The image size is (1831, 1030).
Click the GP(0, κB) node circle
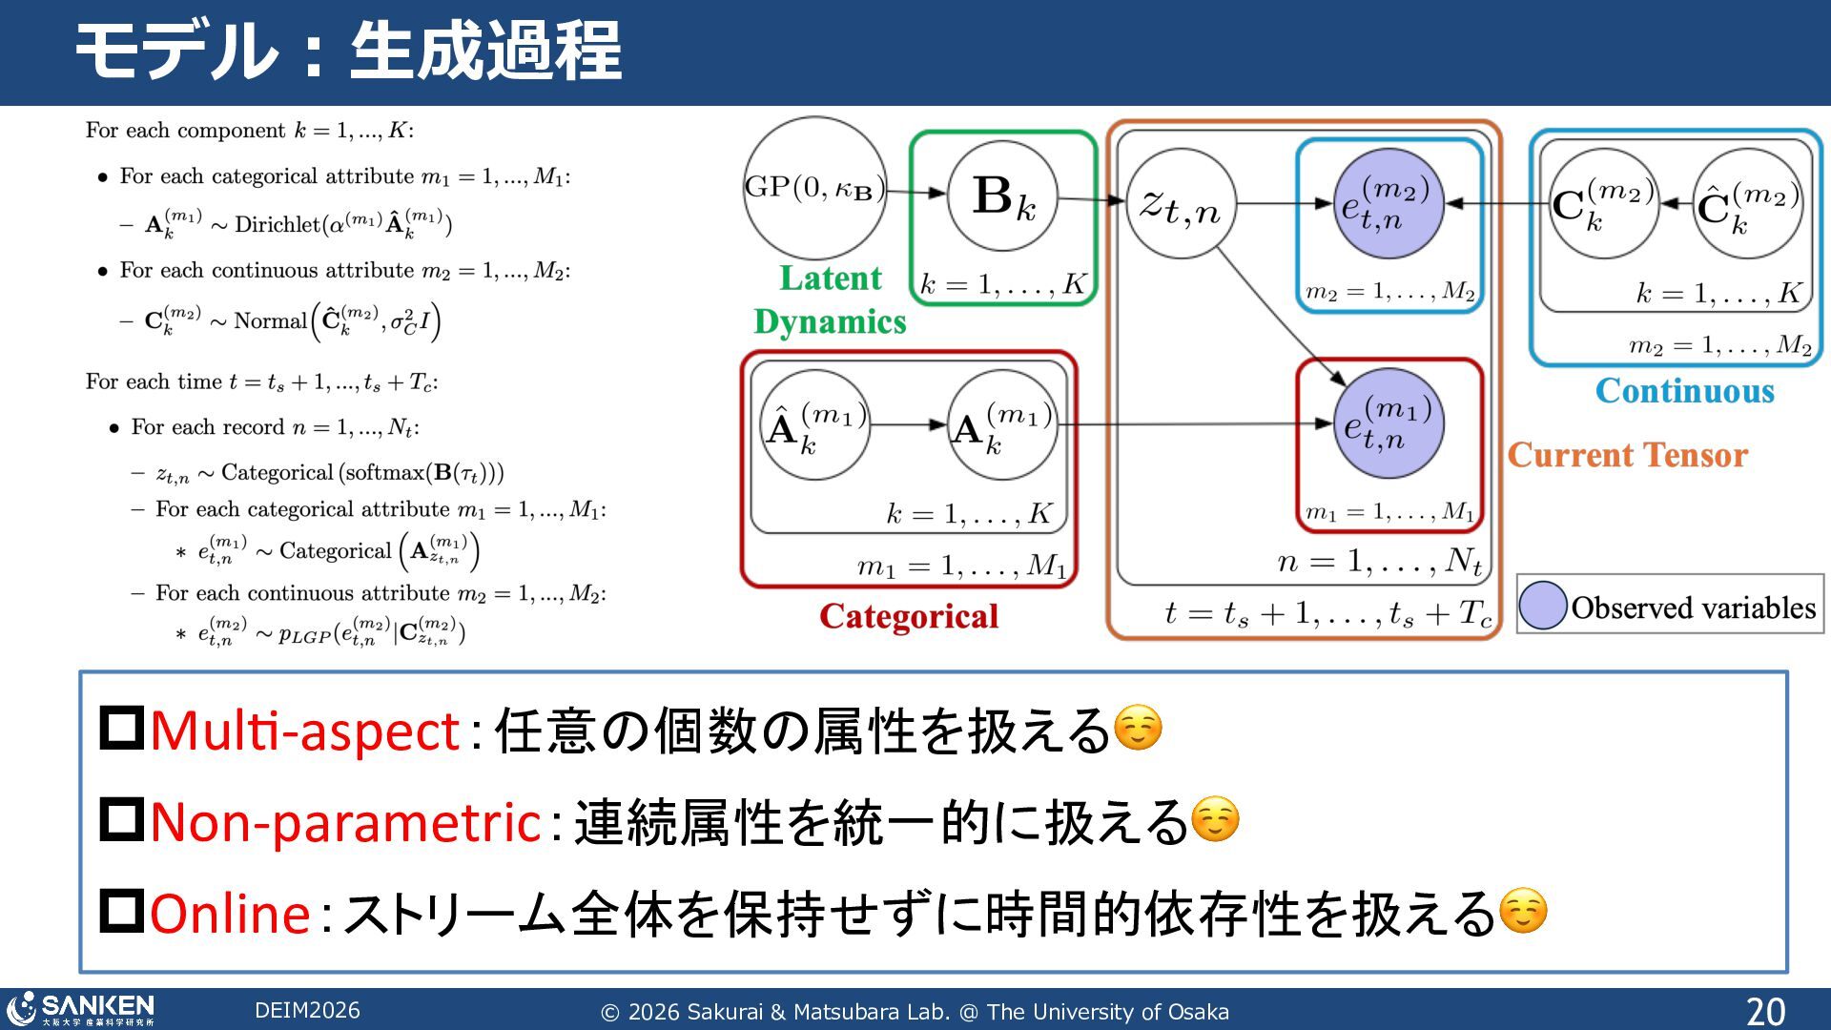click(813, 188)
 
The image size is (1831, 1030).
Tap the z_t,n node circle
click(1181, 203)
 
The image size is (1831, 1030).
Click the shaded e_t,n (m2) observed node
click(1388, 203)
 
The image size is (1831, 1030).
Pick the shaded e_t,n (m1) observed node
click(1389, 423)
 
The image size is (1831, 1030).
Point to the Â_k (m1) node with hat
click(815, 425)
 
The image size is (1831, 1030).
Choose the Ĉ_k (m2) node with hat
click(1747, 204)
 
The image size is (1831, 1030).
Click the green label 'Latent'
click(830, 278)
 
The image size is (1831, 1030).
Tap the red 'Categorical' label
click(908, 616)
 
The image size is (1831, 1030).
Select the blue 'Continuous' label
click(1684, 391)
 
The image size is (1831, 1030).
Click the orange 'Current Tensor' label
click(1627, 455)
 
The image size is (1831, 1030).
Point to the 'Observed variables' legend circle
click(1542, 606)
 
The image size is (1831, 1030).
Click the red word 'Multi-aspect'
click(305, 731)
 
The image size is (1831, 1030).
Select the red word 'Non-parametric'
click(345, 822)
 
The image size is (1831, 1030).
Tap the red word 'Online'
click(230, 913)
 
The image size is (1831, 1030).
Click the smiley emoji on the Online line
click(1523, 911)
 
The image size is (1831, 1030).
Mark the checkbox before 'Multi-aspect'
click(122, 729)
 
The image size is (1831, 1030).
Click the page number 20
click(1765, 1011)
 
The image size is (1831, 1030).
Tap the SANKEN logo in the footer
click(81, 1008)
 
